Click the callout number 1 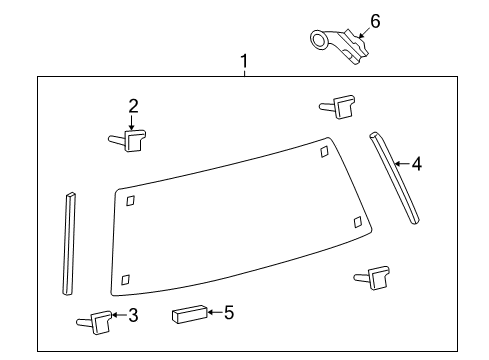[243, 63]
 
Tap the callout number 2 [131, 105]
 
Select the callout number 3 [132, 316]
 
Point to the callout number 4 [416, 161]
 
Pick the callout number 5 [229, 313]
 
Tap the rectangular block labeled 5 [187, 315]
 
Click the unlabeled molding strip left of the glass [69, 243]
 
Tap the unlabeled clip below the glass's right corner [375, 277]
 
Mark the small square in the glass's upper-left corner [131, 201]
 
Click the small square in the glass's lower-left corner [124, 280]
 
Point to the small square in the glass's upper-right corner [323, 151]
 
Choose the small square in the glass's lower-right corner [358, 221]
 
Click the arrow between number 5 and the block [213, 313]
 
